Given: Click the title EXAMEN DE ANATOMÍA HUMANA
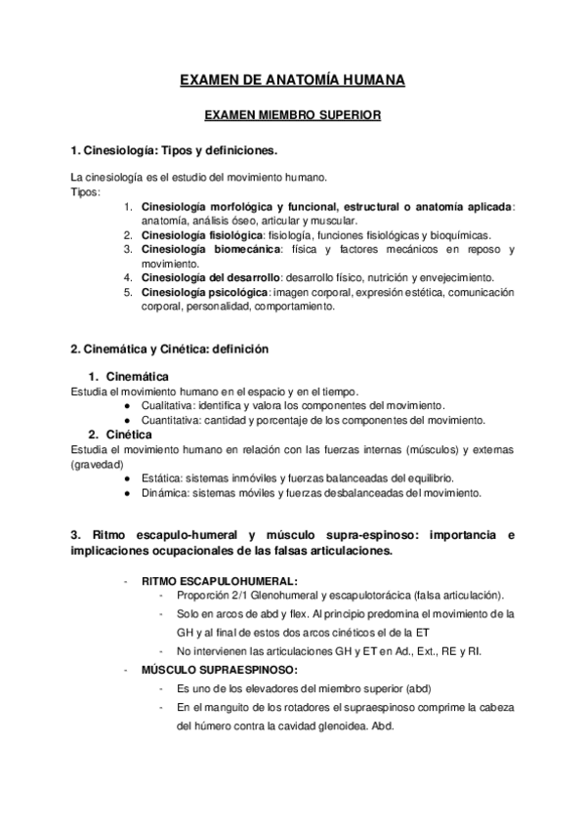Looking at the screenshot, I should point(292,80).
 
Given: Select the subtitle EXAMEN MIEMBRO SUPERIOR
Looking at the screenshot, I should point(292,115).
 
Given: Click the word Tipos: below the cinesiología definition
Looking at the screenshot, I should point(86,191).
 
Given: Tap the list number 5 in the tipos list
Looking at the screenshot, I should point(128,292).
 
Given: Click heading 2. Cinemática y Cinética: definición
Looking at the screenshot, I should point(170,349).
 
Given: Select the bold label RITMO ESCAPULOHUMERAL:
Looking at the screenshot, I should point(205,580).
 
